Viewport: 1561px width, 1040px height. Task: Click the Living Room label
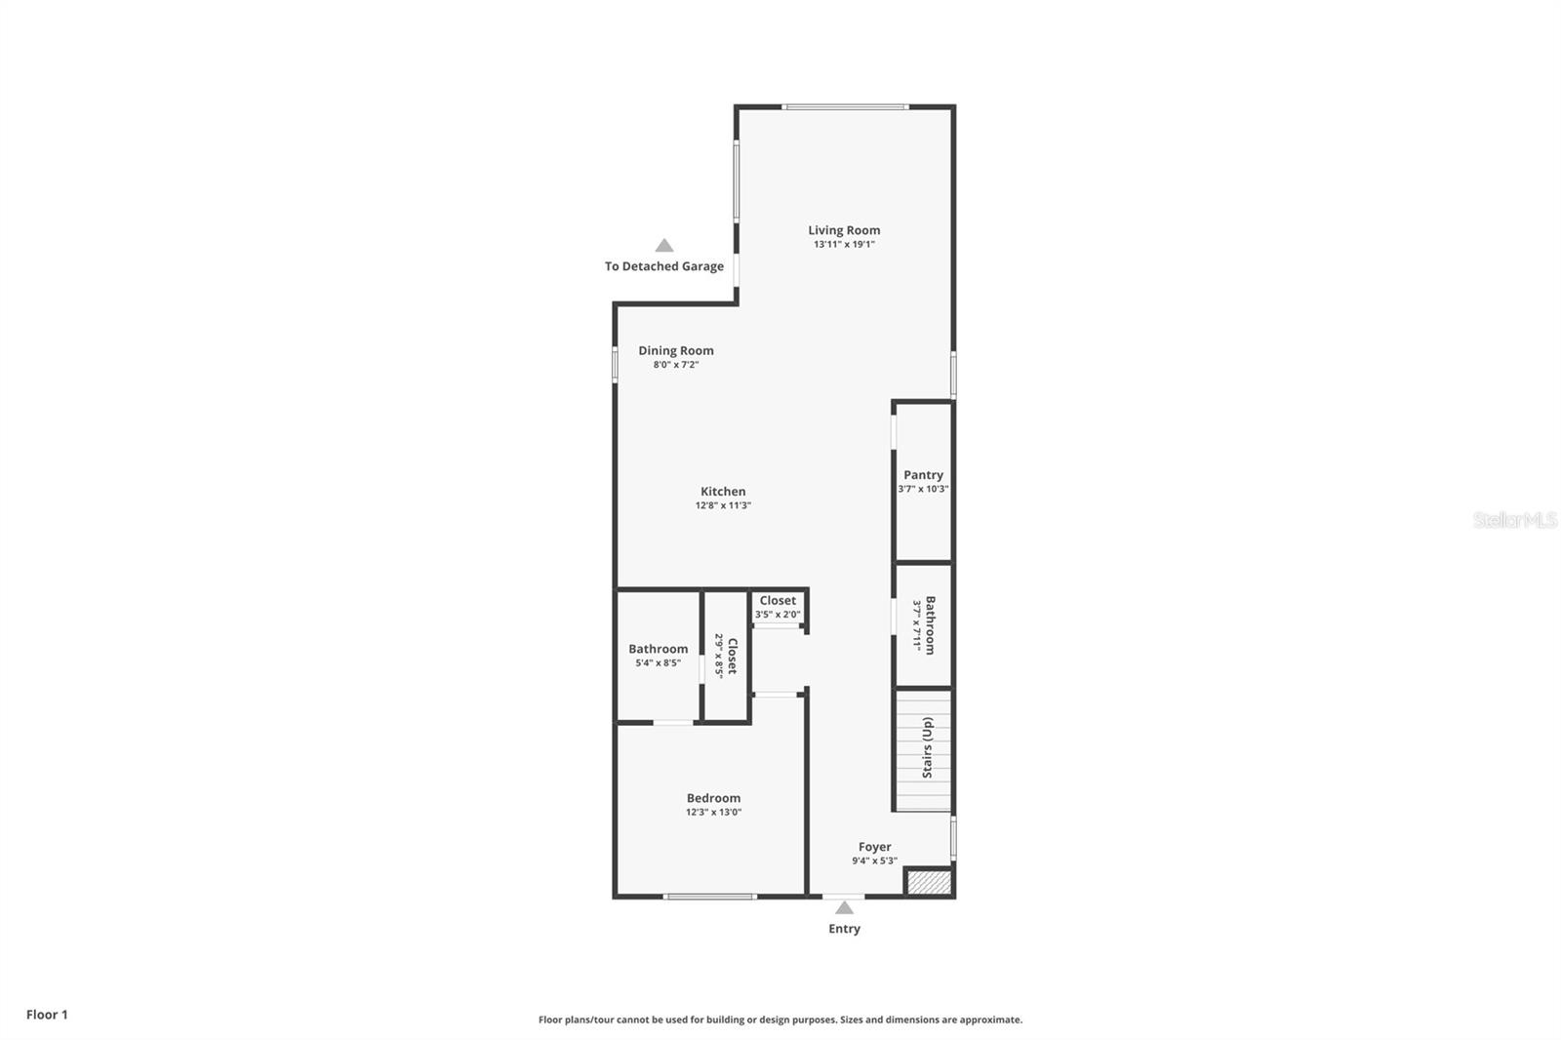coord(844,230)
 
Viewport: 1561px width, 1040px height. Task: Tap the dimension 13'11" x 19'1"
coord(844,245)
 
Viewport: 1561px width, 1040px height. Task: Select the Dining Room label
coord(676,350)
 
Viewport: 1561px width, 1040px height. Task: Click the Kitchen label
coord(723,492)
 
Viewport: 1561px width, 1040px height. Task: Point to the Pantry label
coord(923,475)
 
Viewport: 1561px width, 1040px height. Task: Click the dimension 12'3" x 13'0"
coord(713,812)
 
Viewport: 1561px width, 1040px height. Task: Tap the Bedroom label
coord(713,798)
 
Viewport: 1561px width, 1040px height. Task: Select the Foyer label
coord(874,847)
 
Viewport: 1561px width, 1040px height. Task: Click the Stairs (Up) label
coord(928,747)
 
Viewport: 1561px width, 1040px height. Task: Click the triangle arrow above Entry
coord(844,908)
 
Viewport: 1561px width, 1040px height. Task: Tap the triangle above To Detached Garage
coord(664,246)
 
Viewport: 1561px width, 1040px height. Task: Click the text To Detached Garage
coord(664,266)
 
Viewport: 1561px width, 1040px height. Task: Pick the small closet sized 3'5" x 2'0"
coord(778,607)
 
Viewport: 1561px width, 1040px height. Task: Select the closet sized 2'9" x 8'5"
coord(727,656)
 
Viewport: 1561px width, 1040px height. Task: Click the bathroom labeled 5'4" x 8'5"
coord(658,655)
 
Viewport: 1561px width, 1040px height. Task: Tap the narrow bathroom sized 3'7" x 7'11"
coord(924,624)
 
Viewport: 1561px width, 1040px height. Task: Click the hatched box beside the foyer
coord(928,882)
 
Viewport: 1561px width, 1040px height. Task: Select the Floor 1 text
coord(47,1015)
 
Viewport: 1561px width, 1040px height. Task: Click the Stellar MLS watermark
coord(1514,520)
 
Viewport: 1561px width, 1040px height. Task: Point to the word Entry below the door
coord(844,929)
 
